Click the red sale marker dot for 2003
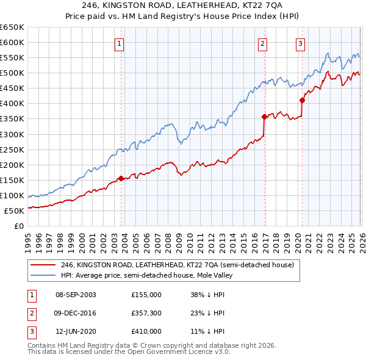pos(121,178)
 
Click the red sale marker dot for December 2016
pos(264,117)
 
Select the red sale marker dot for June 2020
pos(302,101)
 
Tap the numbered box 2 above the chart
pos(262,43)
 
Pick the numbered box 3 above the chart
pos(301,43)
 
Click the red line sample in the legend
pos(42,265)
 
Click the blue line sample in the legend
pos(42,275)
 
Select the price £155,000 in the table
pos(146,294)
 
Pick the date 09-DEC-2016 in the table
pos(76,313)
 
